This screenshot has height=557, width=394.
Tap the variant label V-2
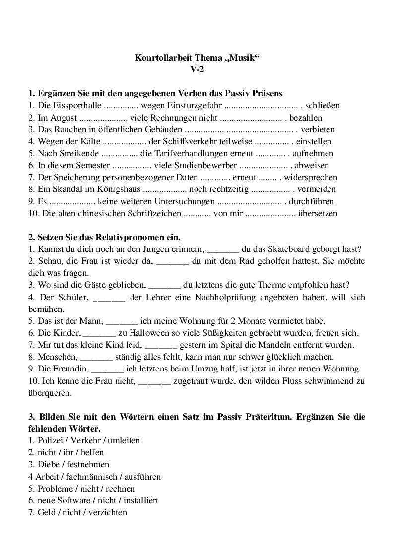pos(197,70)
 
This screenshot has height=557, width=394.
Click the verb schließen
pos(323,106)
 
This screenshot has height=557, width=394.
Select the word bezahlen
pos(306,118)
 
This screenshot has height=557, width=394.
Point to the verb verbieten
pos(318,130)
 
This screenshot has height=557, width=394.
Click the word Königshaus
pos(117,189)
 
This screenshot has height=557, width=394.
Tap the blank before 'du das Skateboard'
pos(222,249)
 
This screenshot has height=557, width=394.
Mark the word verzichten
pos(108,512)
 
